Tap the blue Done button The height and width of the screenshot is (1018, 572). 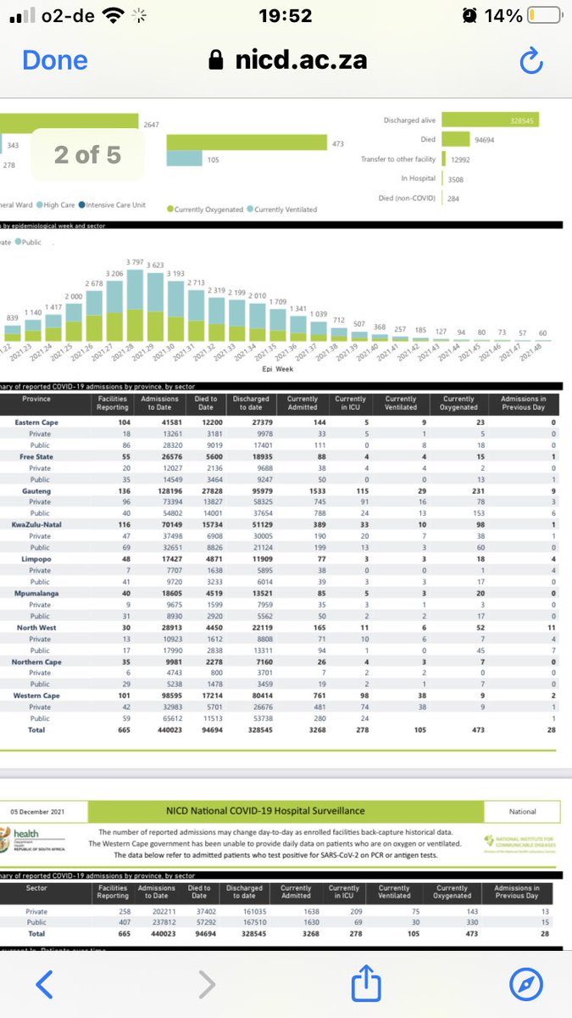55,60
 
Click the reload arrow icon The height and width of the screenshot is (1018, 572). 530,60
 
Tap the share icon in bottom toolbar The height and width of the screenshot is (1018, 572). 365,985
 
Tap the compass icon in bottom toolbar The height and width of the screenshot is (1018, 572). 525,985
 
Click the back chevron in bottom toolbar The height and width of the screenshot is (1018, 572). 45,985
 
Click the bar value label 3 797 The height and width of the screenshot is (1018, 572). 134,261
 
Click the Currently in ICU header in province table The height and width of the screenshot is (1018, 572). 350,403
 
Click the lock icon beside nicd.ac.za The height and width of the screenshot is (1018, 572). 218,60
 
